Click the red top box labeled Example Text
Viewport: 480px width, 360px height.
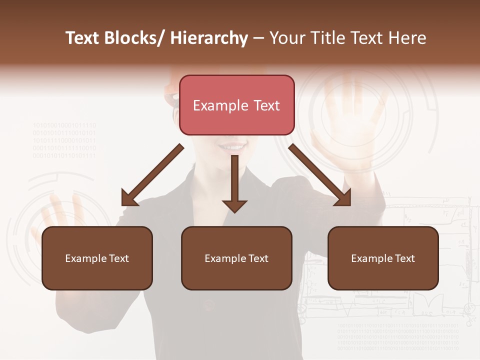236,105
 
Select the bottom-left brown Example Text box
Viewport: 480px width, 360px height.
97,258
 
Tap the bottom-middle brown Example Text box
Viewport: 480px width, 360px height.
236,258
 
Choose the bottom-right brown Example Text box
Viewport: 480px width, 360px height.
383,258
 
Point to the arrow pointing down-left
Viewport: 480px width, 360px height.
152,175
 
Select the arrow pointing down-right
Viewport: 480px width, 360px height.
320,175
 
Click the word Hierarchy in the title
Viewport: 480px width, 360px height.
209,38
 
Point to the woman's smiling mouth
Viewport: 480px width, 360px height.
232,147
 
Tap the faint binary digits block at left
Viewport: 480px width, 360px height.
64,140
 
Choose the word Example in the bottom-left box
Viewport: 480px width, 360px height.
86,258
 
